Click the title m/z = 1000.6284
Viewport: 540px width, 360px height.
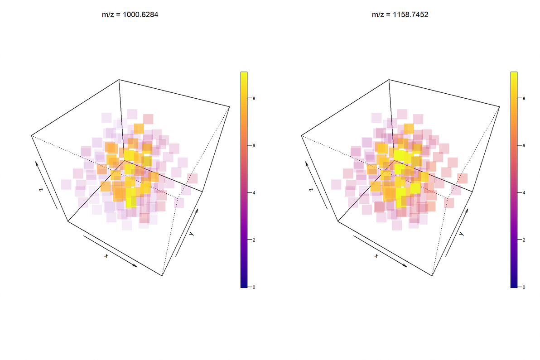click(x=130, y=15)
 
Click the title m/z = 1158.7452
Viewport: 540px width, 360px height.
click(x=400, y=15)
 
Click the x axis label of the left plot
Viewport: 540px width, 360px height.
click(x=106, y=256)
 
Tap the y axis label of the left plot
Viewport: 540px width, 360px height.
click(x=192, y=234)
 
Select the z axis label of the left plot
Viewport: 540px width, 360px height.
click(x=41, y=189)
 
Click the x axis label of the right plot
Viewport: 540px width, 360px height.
click(x=376, y=256)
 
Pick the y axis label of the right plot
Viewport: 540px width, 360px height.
click(x=462, y=234)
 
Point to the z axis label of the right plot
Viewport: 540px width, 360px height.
click(x=311, y=189)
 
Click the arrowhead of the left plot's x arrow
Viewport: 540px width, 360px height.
click(x=135, y=266)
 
